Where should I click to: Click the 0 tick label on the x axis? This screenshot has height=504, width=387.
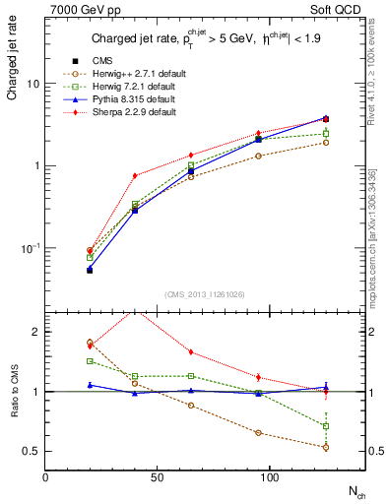tap(46, 476)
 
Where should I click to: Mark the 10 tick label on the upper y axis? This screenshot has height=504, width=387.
tap(33, 84)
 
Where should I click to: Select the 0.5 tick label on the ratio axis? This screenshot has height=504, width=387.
tap(32, 452)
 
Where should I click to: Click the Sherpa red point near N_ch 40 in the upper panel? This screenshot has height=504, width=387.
tap(135, 175)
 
